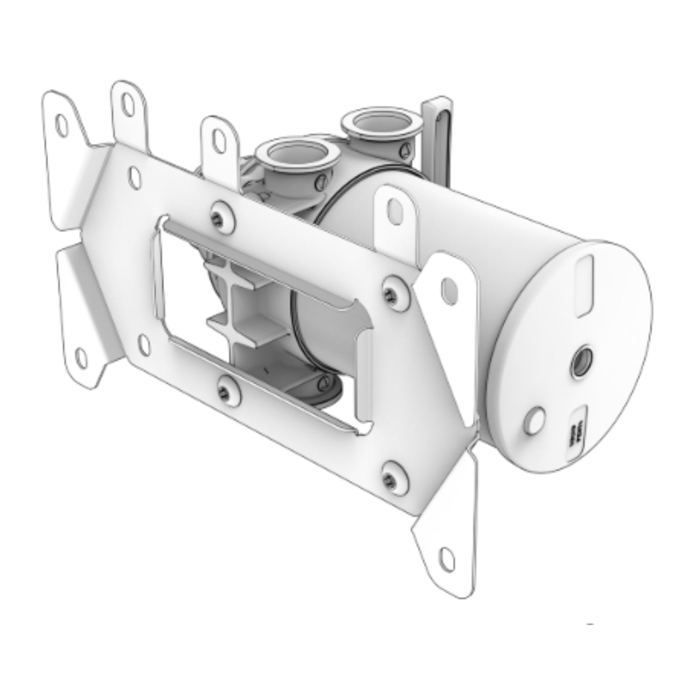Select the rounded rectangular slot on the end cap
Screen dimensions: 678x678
pyautogui.click(x=585, y=285)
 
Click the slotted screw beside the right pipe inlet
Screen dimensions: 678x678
pyautogui.click(x=405, y=149)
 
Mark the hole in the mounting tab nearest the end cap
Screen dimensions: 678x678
pyautogui.click(x=447, y=285)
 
